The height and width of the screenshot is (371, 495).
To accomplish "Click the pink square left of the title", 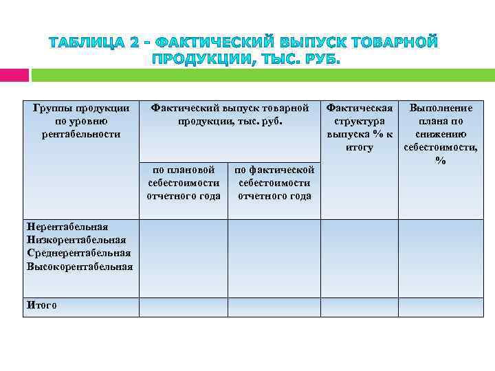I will click(14, 74).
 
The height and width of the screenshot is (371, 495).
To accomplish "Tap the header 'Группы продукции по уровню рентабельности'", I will click(81, 121).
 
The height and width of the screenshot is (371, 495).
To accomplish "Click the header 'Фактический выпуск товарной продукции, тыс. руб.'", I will click(230, 115).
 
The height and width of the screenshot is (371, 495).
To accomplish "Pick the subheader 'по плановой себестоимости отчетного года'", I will click(184, 183).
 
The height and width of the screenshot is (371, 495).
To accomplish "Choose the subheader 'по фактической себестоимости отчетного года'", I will click(274, 183).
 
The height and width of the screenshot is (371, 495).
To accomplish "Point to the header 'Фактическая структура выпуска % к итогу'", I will click(360, 128).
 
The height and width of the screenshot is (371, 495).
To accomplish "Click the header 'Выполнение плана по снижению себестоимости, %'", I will click(441, 134).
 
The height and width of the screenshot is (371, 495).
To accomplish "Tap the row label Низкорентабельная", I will click(76, 240).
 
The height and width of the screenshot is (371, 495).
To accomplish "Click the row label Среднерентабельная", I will click(78, 253).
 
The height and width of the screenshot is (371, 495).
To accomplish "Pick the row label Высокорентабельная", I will click(80, 266).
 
